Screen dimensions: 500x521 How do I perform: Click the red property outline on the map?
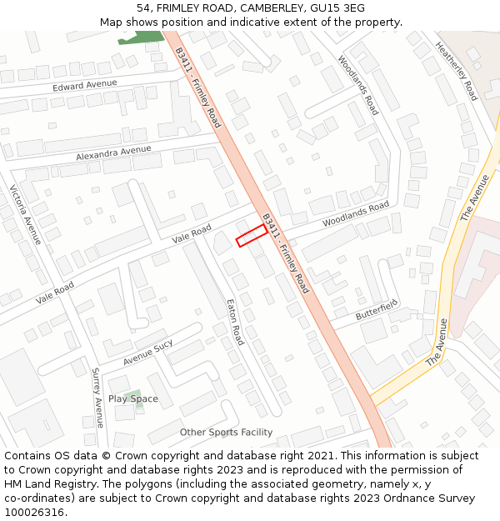tap(251, 236)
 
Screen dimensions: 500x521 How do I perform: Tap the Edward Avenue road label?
tap(85, 85)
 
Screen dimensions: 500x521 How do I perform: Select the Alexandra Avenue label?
tap(113, 153)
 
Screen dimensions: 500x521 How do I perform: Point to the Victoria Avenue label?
tap(25, 214)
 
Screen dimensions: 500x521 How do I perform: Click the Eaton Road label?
tap(236, 323)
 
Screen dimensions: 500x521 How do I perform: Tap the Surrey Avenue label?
tap(97, 398)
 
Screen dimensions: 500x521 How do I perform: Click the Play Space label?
tap(132, 398)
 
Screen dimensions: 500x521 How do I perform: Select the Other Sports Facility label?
tap(226, 432)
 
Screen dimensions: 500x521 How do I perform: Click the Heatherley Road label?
tap(457, 71)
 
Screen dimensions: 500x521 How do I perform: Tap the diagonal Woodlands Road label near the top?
tap(358, 85)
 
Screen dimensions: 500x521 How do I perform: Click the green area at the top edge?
tap(142, 37)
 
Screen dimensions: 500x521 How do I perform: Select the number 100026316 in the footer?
tap(34, 512)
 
